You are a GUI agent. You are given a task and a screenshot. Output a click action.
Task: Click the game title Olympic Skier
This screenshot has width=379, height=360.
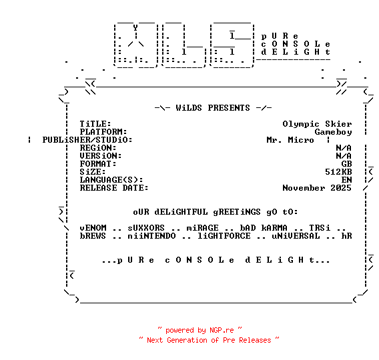[317, 124]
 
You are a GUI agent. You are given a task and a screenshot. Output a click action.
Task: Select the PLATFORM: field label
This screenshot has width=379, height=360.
[103, 132]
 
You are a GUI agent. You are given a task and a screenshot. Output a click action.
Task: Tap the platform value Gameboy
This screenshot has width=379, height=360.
[333, 132]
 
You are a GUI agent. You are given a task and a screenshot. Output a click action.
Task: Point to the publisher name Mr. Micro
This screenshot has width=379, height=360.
[290, 140]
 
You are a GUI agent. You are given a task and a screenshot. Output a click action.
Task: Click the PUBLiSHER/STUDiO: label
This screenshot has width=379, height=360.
[87, 140]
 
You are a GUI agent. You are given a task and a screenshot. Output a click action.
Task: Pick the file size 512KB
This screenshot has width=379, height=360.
[338, 172]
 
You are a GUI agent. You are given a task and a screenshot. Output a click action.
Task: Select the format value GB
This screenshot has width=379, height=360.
[346, 164]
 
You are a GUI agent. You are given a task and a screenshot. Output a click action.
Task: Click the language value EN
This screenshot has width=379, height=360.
[346, 180]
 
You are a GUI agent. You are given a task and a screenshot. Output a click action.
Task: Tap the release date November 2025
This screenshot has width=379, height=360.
[317, 188]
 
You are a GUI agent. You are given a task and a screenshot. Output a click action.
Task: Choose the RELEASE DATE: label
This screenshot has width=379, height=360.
[114, 188]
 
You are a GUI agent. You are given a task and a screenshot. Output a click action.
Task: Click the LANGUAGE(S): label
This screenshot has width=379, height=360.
[111, 180]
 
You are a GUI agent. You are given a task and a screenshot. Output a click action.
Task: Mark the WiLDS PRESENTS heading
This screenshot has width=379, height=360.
[213, 108]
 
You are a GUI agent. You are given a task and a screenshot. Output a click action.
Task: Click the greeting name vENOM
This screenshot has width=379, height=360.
[93, 228]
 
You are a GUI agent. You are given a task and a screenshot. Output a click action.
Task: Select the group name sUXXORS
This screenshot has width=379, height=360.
[146, 228]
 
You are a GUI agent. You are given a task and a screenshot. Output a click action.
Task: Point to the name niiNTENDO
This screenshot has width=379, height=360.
[151, 236]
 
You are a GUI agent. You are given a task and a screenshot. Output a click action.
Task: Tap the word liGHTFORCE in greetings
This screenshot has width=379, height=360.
[224, 236]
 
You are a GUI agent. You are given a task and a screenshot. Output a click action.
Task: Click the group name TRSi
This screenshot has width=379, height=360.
[320, 228]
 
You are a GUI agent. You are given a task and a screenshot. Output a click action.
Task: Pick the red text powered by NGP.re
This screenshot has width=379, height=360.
[200, 330]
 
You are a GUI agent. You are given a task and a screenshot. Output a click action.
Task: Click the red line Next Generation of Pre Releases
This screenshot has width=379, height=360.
[209, 340]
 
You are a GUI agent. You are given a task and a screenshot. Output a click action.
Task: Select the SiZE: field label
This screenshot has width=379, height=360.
[93, 172]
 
